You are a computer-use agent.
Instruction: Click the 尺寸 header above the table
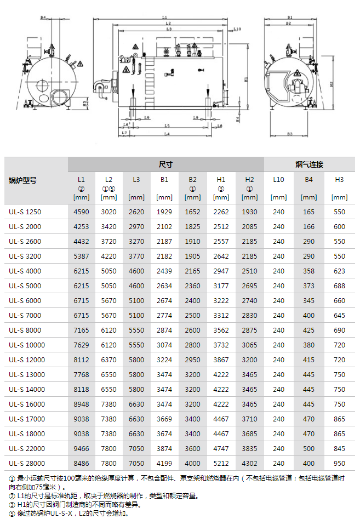point(165,164)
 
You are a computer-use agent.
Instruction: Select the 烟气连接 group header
point(309,164)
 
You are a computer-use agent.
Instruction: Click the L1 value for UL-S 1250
point(81,212)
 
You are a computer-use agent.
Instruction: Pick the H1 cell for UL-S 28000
point(221,463)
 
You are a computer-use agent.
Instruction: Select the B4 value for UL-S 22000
point(308,448)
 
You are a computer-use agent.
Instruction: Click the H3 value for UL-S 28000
point(339,463)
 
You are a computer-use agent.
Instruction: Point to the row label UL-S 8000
point(25,330)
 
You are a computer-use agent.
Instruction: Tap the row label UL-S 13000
point(26,374)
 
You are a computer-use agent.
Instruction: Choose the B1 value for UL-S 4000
point(164,271)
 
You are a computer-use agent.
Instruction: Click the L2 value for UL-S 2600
point(109,241)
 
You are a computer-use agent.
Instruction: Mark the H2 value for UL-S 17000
point(249,419)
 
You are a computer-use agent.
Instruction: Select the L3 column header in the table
point(136,179)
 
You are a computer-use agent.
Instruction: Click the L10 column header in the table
point(278,179)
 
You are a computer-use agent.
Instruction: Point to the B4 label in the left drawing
point(43,18)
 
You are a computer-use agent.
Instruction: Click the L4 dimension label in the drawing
point(167,134)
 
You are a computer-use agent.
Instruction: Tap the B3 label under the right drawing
point(289,134)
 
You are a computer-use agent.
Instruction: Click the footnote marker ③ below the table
point(12,504)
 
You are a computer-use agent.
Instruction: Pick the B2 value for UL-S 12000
point(192,360)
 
